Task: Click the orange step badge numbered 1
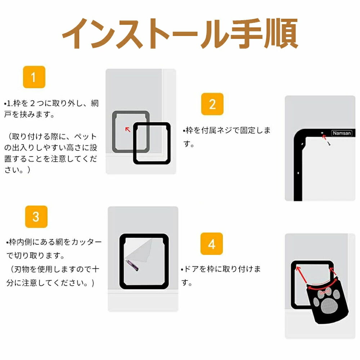(x=34, y=77)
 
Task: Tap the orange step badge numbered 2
(x=212, y=104)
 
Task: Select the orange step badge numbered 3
(x=36, y=217)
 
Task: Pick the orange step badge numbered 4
(x=211, y=244)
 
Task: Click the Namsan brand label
(x=342, y=133)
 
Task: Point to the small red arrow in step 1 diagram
(x=128, y=130)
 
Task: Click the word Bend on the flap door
(x=325, y=292)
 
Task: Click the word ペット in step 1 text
(x=85, y=136)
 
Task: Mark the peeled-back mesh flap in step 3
(x=140, y=251)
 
